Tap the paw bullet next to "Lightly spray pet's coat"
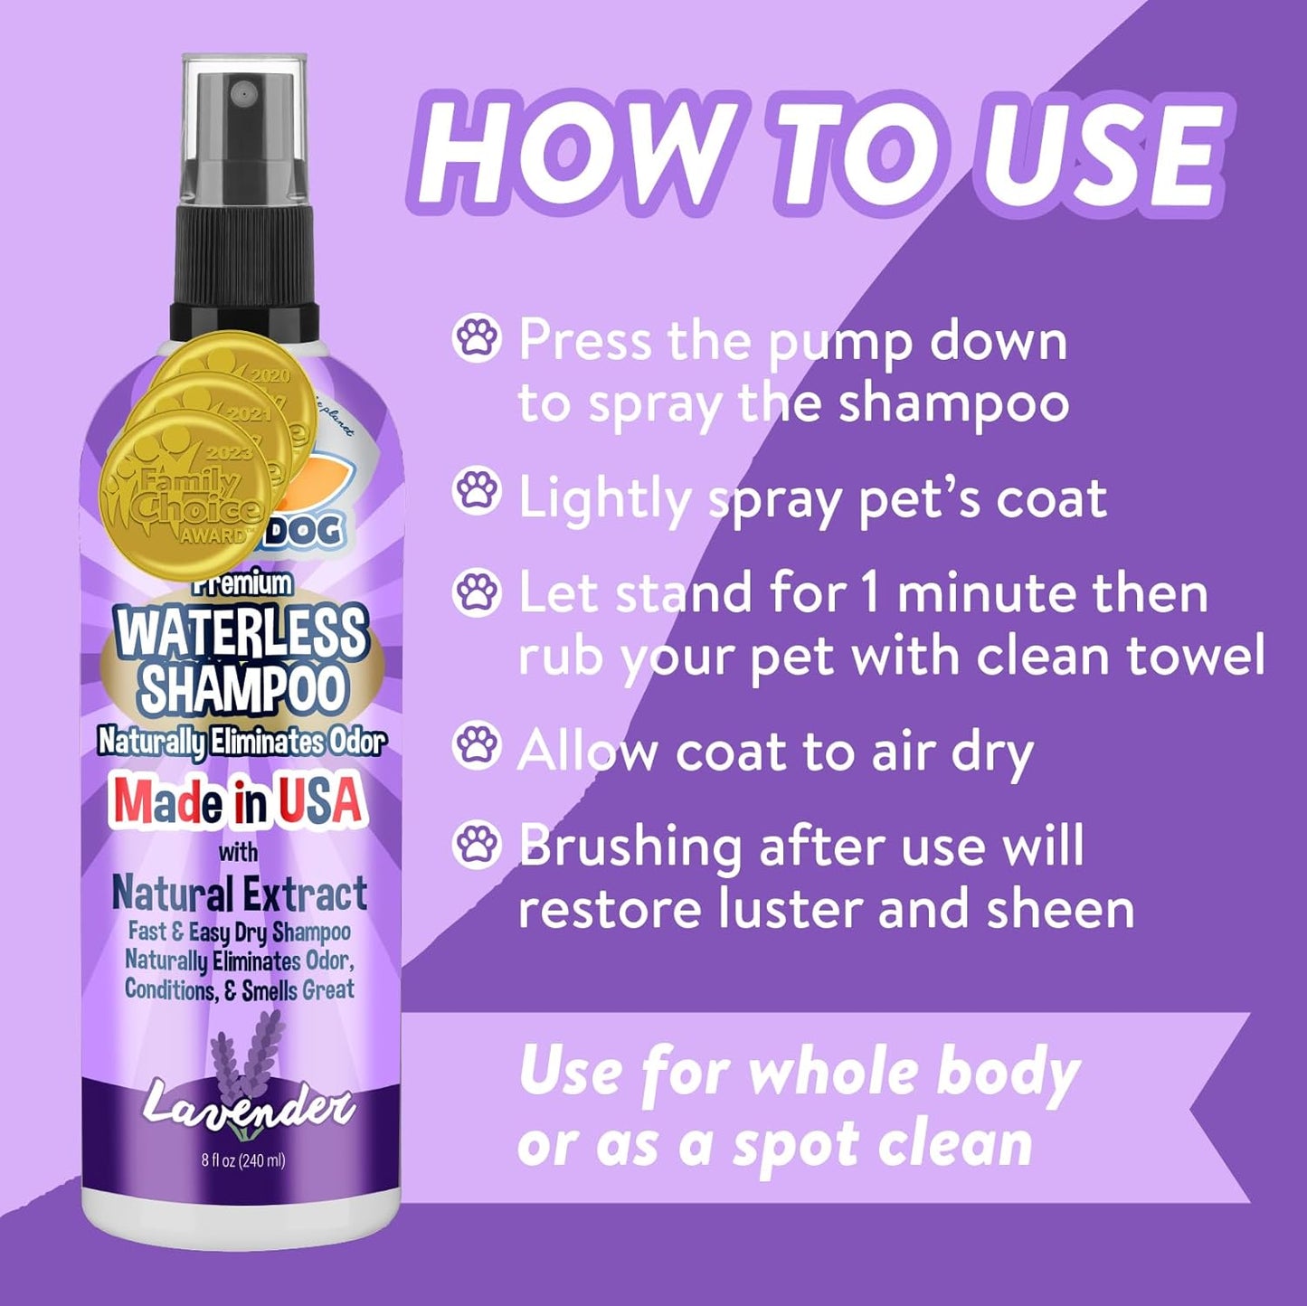click(476, 492)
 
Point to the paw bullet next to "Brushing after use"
click(476, 846)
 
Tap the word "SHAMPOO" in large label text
click(242, 689)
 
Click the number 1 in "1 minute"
click(870, 594)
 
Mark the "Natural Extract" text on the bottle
click(240, 894)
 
